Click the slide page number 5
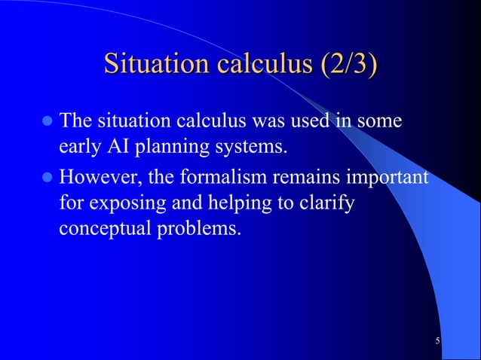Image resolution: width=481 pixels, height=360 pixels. click(437, 343)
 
